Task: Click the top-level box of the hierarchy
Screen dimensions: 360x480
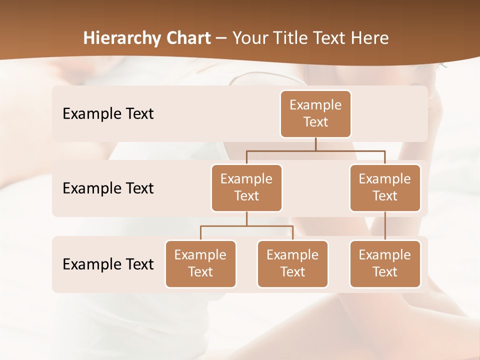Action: [x=315, y=113]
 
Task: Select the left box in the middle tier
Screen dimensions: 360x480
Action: [x=246, y=187]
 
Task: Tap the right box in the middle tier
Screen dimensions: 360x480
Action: [x=385, y=187]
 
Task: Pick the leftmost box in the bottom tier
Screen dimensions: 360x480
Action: [x=200, y=263]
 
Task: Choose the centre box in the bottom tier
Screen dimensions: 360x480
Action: [x=292, y=263]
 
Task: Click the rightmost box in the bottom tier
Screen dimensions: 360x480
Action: [x=385, y=263]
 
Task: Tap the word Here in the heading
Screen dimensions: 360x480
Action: [x=370, y=38]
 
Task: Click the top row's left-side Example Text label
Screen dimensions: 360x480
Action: [x=108, y=113]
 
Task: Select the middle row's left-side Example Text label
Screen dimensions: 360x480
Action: [x=108, y=188]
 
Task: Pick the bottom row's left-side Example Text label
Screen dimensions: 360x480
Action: [x=108, y=264]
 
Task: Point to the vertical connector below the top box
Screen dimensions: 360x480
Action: [x=315, y=144]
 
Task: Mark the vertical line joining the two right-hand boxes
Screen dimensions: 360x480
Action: [x=385, y=226]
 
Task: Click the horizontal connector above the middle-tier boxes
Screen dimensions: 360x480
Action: [x=315, y=150]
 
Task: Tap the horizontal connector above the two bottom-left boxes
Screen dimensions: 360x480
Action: [x=246, y=226]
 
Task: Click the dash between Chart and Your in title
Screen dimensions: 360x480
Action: [x=221, y=38]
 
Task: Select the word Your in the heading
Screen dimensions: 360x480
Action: [x=249, y=38]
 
